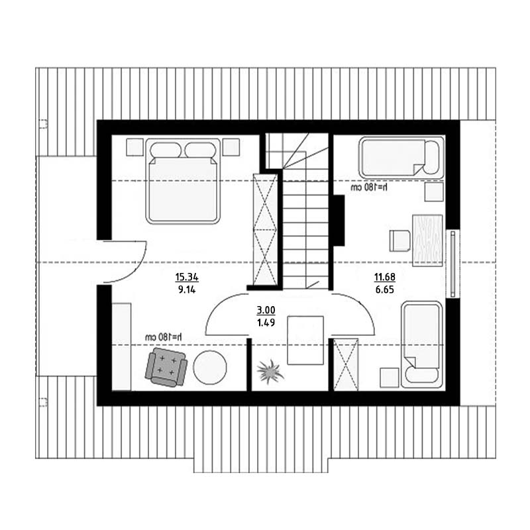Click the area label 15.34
(x=187, y=278)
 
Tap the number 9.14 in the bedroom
(x=187, y=290)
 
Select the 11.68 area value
(x=385, y=277)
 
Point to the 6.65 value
(x=385, y=290)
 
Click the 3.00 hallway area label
(x=266, y=310)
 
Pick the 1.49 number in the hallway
(x=266, y=323)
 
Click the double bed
(x=183, y=181)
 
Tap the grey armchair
(x=166, y=367)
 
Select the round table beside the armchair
(x=210, y=368)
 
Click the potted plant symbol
(x=270, y=372)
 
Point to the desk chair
(x=400, y=241)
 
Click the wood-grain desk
(x=427, y=240)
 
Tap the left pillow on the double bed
(x=166, y=150)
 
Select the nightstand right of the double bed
(x=231, y=147)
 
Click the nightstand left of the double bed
(x=134, y=147)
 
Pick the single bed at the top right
(x=401, y=158)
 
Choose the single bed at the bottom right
(x=422, y=344)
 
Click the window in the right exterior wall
(x=453, y=264)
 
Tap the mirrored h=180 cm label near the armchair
(x=164, y=337)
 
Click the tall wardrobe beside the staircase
(x=266, y=229)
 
